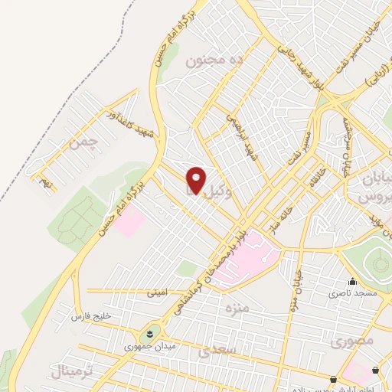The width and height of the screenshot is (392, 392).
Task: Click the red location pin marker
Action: tap(196, 181)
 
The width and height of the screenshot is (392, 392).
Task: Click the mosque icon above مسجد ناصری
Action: tap(352, 281)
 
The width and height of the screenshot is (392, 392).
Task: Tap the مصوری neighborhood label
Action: tap(354, 342)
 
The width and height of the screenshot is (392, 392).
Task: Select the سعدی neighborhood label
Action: tap(214, 352)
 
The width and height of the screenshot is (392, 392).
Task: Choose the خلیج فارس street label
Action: tap(92, 315)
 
